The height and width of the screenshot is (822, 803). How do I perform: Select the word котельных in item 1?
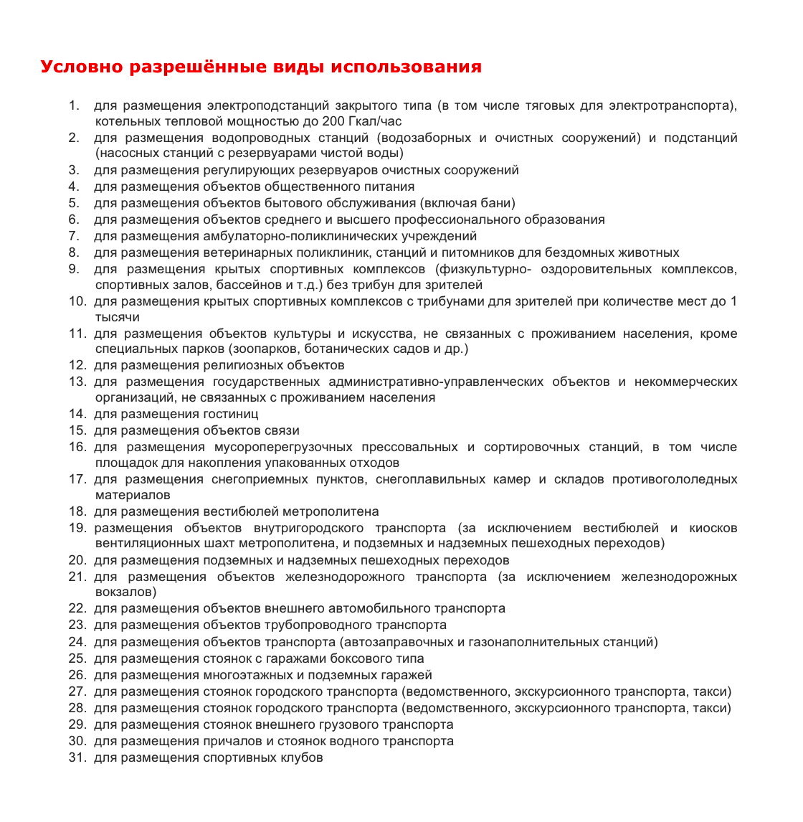point(124,121)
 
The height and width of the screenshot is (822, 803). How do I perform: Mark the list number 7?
point(74,236)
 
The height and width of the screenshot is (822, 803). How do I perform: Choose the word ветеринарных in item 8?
point(244,252)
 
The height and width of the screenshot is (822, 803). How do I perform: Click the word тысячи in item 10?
point(117,317)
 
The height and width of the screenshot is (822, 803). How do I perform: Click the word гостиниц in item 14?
point(231,414)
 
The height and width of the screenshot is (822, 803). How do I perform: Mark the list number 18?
point(77,511)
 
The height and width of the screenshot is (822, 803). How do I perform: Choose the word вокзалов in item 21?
point(124,592)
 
